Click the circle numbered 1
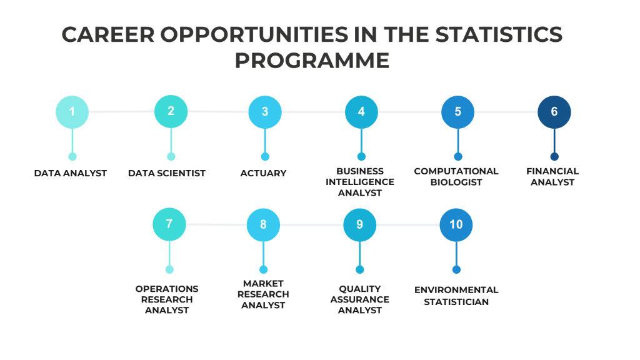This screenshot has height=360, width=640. tap(72, 112)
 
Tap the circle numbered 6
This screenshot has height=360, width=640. tap(554, 112)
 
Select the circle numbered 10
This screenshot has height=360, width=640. tap(456, 225)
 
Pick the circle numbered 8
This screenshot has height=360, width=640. tap(263, 225)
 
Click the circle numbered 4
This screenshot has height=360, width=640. tap(361, 112)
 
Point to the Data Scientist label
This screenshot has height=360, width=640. tap(166, 174)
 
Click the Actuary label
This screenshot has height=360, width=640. tap(263, 174)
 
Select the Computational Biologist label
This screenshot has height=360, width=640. tap(456, 177)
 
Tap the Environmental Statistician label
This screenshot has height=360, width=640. tap(456, 296)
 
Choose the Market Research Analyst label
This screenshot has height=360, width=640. tap(263, 294)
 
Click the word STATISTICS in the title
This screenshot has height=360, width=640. tap(499, 34)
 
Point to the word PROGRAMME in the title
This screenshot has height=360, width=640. tap(312, 61)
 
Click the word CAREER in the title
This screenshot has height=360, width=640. tap(108, 34)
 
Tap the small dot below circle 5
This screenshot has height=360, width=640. tap(458, 157)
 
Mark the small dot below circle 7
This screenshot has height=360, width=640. tap(169, 269)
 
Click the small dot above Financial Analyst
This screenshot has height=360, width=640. tap(554, 157)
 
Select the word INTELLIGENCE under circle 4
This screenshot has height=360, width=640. tap(360, 182)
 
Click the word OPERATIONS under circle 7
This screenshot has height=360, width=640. tap(167, 289)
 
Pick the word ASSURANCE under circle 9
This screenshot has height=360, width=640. tap(359, 299)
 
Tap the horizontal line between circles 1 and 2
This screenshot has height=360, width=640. tap(122, 111)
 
